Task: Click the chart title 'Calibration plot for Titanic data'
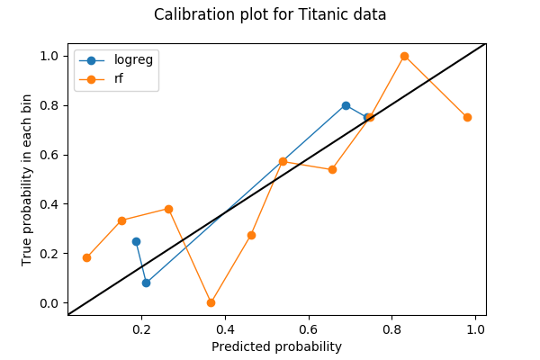[x=270, y=14]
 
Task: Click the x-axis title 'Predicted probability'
[x=276, y=346]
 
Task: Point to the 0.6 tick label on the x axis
[x=309, y=329]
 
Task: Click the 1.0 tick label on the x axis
[x=476, y=329]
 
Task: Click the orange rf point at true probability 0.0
[x=211, y=302]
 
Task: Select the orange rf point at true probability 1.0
[x=404, y=56]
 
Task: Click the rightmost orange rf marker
[x=467, y=117]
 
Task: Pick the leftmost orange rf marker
[x=86, y=257]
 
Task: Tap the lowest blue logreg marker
[x=146, y=283]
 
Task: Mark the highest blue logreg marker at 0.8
[x=346, y=105]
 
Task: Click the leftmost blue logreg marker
[x=136, y=241]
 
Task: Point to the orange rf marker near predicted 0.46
[x=251, y=235]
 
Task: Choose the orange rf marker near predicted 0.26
[x=168, y=209]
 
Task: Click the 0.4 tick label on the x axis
[x=225, y=329]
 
